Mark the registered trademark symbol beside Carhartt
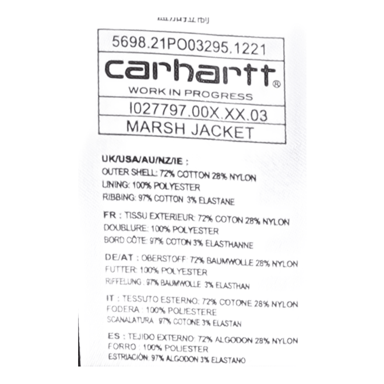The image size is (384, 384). pos(277,83)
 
